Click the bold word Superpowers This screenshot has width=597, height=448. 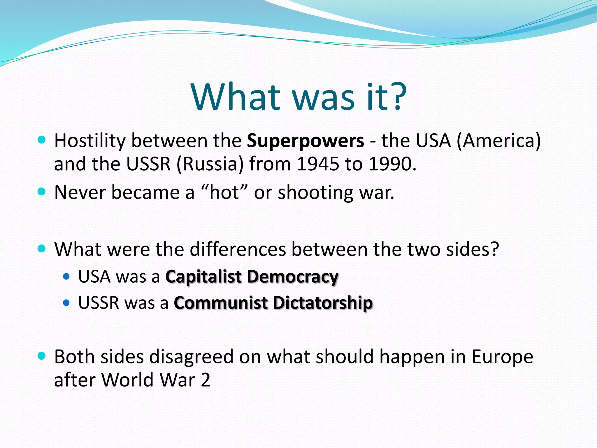[x=305, y=141]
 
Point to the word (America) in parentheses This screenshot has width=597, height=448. [x=498, y=141]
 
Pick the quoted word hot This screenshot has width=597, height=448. [x=224, y=192]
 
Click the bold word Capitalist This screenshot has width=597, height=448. [x=203, y=276]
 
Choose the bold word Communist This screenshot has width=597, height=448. [x=221, y=303]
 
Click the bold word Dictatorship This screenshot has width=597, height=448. [x=323, y=303]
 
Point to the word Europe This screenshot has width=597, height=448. [x=502, y=357]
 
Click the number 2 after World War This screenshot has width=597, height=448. [x=206, y=380]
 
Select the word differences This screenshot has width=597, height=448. [x=238, y=249]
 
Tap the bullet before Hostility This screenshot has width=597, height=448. [x=42, y=140]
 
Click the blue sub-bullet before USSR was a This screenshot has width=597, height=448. [x=66, y=303]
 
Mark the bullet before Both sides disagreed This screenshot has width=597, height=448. [x=42, y=356]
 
